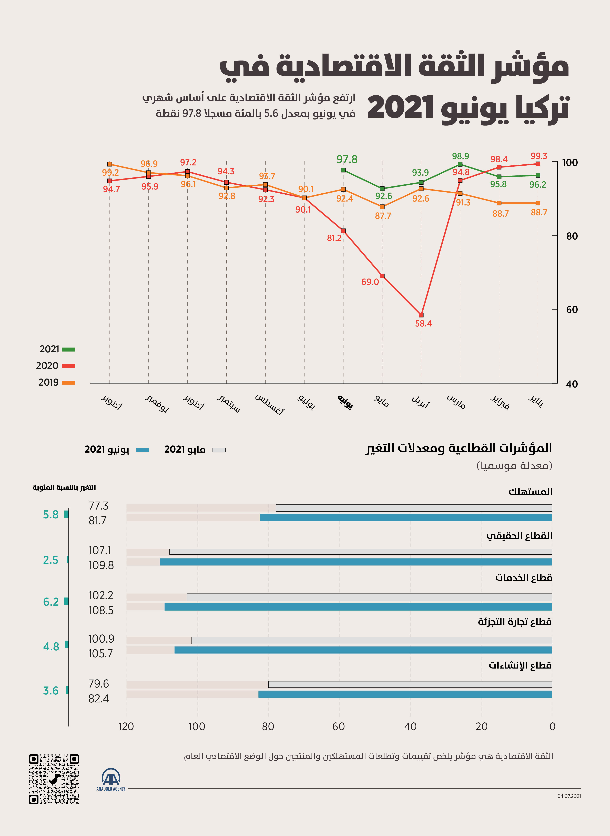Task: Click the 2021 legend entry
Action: click(57, 349)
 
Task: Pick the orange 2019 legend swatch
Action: click(69, 383)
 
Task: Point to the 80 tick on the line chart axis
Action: click(572, 236)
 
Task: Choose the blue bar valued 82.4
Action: click(405, 694)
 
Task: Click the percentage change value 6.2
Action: click(51, 602)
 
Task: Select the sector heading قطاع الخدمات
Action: click(524, 577)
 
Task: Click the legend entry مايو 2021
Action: click(195, 450)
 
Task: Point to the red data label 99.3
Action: click(539, 156)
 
